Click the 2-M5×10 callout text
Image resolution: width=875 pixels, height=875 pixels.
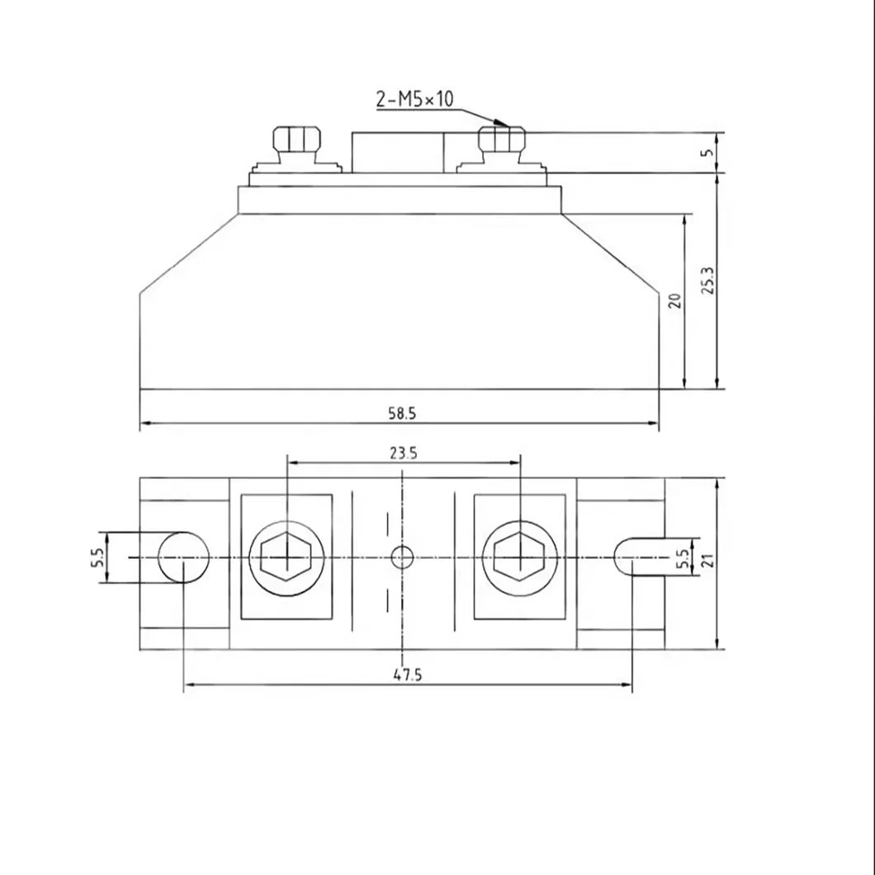414,100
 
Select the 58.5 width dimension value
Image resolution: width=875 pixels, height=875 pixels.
402,414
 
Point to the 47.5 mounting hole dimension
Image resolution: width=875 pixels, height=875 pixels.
407,674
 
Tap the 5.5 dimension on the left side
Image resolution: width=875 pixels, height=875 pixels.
97,558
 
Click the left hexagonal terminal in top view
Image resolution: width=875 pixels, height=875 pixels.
286,558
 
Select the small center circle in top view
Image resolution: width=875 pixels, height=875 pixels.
402,558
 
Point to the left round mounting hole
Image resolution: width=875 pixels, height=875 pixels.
183,558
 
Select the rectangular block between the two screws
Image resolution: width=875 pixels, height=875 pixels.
398,152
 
